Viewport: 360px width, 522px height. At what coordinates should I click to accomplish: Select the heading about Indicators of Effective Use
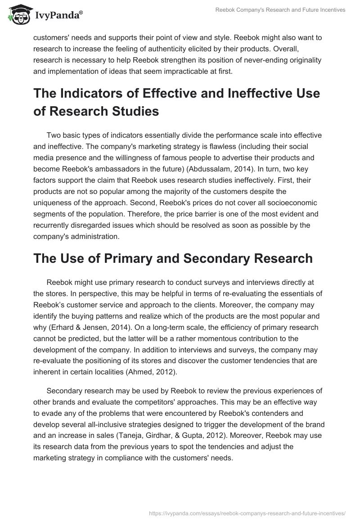click(x=176, y=103)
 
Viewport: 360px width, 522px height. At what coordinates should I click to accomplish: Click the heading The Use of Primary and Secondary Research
click(x=173, y=258)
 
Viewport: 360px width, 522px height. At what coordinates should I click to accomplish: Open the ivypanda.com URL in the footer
click(x=247, y=512)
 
